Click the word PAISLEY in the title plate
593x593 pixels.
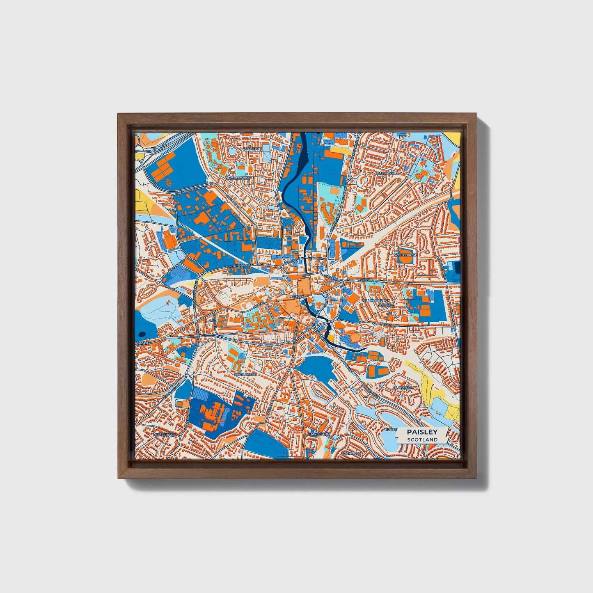(x=422, y=432)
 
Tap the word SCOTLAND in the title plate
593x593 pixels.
(x=422, y=440)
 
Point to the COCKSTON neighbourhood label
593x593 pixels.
(x=252, y=149)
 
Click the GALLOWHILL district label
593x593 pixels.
(x=387, y=173)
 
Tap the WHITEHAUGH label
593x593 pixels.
(x=405, y=255)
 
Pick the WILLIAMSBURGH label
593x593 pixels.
(x=375, y=301)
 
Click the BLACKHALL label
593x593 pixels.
(x=403, y=387)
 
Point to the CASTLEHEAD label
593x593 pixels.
(x=245, y=374)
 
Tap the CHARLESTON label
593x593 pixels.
(x=318, y=434)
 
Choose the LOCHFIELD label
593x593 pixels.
(x=351, y=453)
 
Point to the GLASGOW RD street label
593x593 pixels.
(x=368, y=280)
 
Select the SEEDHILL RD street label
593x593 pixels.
(x=389, y=324)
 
